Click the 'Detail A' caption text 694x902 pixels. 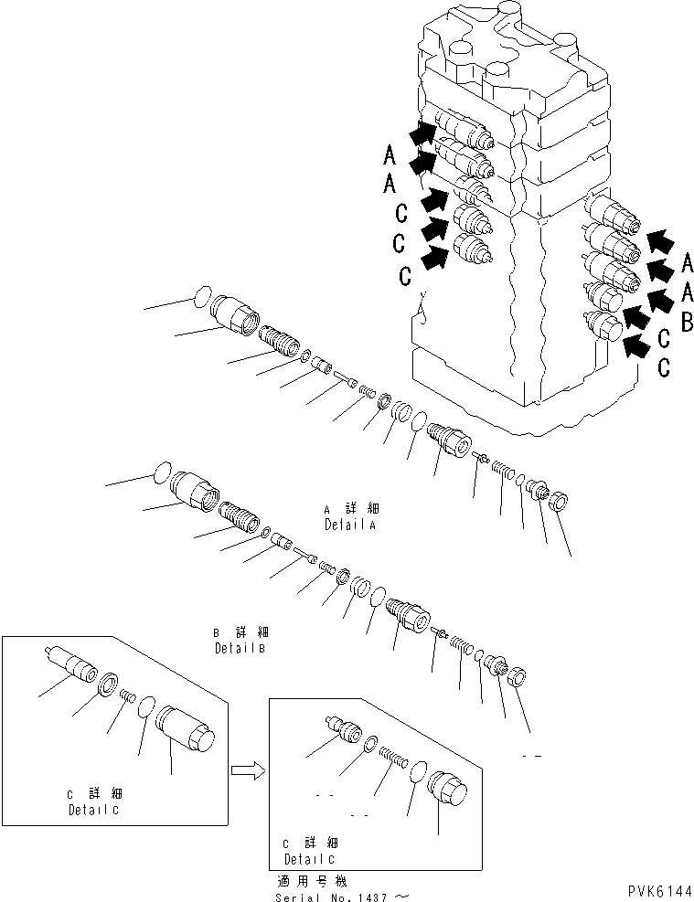[350, 525]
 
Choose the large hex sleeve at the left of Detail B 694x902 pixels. [197, 494]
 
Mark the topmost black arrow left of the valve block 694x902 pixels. [422, 134]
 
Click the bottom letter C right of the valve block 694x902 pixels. [664, 367]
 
